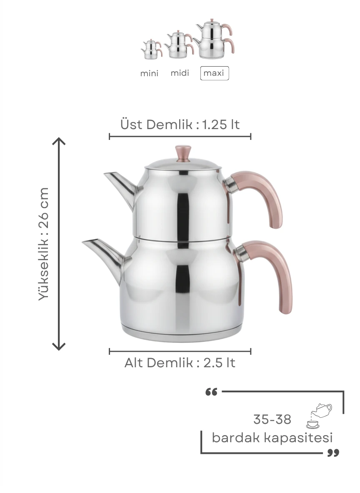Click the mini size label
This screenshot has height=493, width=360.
[x=149, y=73]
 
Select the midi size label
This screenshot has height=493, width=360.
[x=180, y=73]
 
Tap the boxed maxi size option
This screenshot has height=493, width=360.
[x=214, y=73]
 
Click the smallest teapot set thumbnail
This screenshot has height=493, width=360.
[x=152, y=49]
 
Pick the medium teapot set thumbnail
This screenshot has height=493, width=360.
[x=179, y=44]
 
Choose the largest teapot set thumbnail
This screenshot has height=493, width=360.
[x=214, y=39]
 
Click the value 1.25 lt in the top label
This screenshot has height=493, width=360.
[x=220, y=124]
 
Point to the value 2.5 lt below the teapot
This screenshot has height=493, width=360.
[x=219, y=363]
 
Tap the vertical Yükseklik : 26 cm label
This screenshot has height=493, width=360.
[x=44, y=244]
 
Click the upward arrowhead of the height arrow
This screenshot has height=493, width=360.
[x=59, y=141]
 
